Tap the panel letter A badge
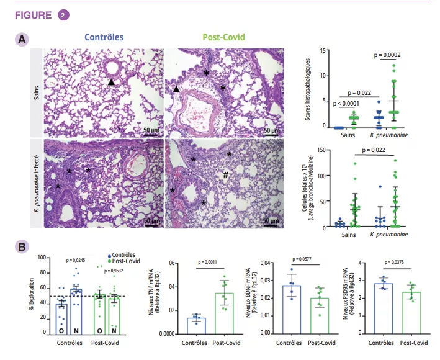pos(22,39)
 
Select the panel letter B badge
pos(22,246)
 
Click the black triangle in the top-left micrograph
pos(111,82)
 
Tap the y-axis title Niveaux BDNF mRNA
pos(248,295)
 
